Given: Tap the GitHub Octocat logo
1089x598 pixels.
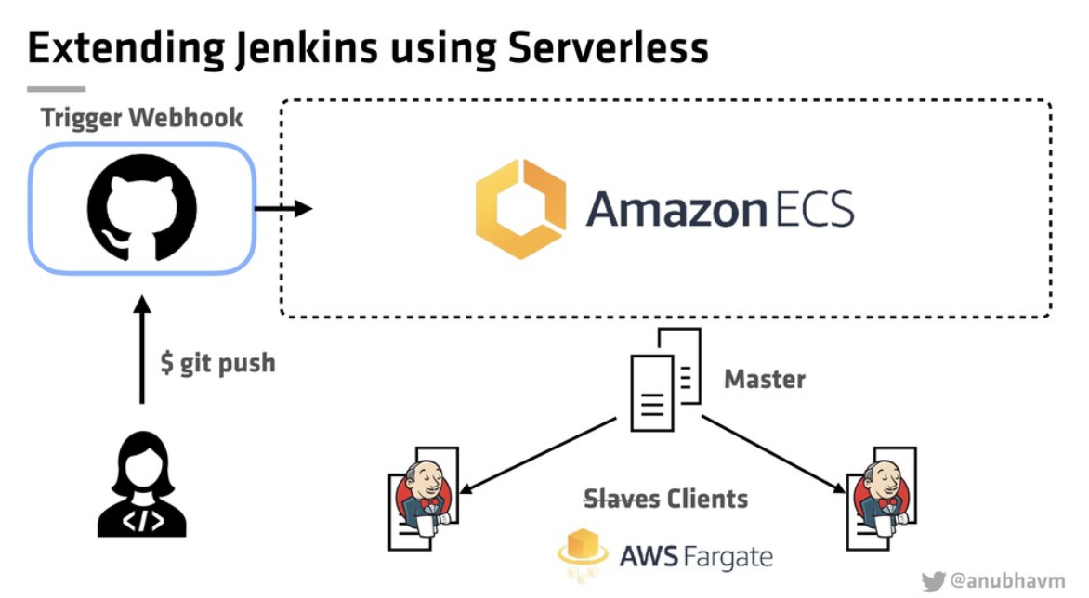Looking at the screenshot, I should [141, 207].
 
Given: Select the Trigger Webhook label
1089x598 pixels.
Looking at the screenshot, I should [141, 118].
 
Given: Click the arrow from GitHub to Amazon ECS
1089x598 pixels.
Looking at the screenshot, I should [282, 208].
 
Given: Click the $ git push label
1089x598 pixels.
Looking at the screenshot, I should [217, 362].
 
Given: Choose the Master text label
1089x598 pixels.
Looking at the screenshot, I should [765, 379].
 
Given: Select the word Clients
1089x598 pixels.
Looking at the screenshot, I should [707, 498].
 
